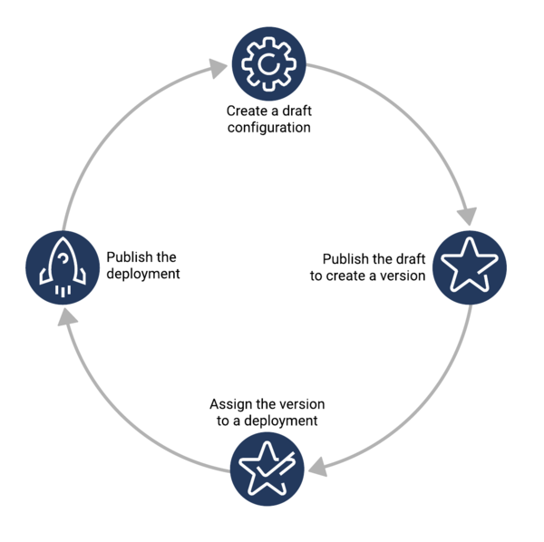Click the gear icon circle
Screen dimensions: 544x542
tap(269, 63)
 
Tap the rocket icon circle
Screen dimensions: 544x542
tap(63, 267)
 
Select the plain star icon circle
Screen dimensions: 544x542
tap(470, 267)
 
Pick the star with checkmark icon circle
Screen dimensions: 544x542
tap(267, 469)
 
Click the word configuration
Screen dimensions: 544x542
tap(269, 128)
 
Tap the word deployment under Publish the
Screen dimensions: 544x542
tap(143, 274)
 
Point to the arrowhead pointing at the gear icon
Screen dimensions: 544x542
tap(218, 68)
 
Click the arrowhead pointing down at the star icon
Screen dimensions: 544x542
tap(467, 216)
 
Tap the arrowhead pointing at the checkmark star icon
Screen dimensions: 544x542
tap(318, 467)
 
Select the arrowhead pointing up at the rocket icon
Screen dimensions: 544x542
tap(67, 317)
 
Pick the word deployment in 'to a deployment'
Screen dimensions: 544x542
tap(281, 421)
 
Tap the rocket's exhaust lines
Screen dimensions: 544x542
tap(63, 291)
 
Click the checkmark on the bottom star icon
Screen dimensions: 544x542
tap(276, 464)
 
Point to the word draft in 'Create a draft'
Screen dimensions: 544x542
tap(296, 111)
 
